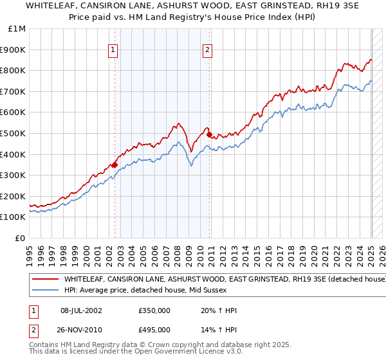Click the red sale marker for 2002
coord(115,165)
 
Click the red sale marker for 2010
coord(210,134)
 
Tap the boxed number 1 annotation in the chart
coord(113,50)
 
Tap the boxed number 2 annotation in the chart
coord(208,50)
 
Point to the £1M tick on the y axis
coord(17,29)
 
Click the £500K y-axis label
coord(14,134)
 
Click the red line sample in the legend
coord(46,280)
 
